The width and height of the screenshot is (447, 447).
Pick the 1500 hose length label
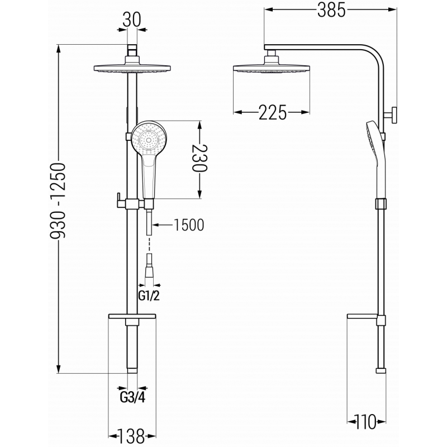pyautogui.click(x=188, y=225)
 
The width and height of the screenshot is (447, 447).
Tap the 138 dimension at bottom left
pyautogui.click(x=132, y=434)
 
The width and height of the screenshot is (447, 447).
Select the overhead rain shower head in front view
pyautogui.click(x=132, y=69)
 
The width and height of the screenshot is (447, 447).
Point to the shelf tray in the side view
pyautogui.click(x=366, y=318)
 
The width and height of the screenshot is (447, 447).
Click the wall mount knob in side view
pyautogui.click(x=392, y=116)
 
